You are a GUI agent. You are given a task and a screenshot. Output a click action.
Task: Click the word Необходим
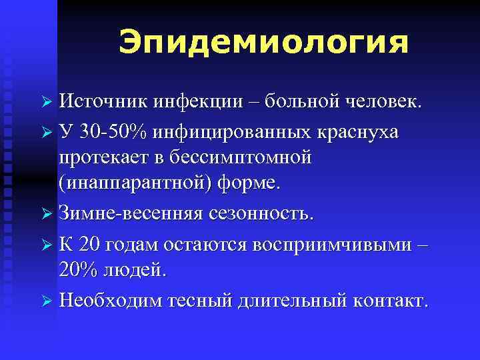click(114, 301)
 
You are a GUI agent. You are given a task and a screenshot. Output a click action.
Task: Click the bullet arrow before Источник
click(47, 103)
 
